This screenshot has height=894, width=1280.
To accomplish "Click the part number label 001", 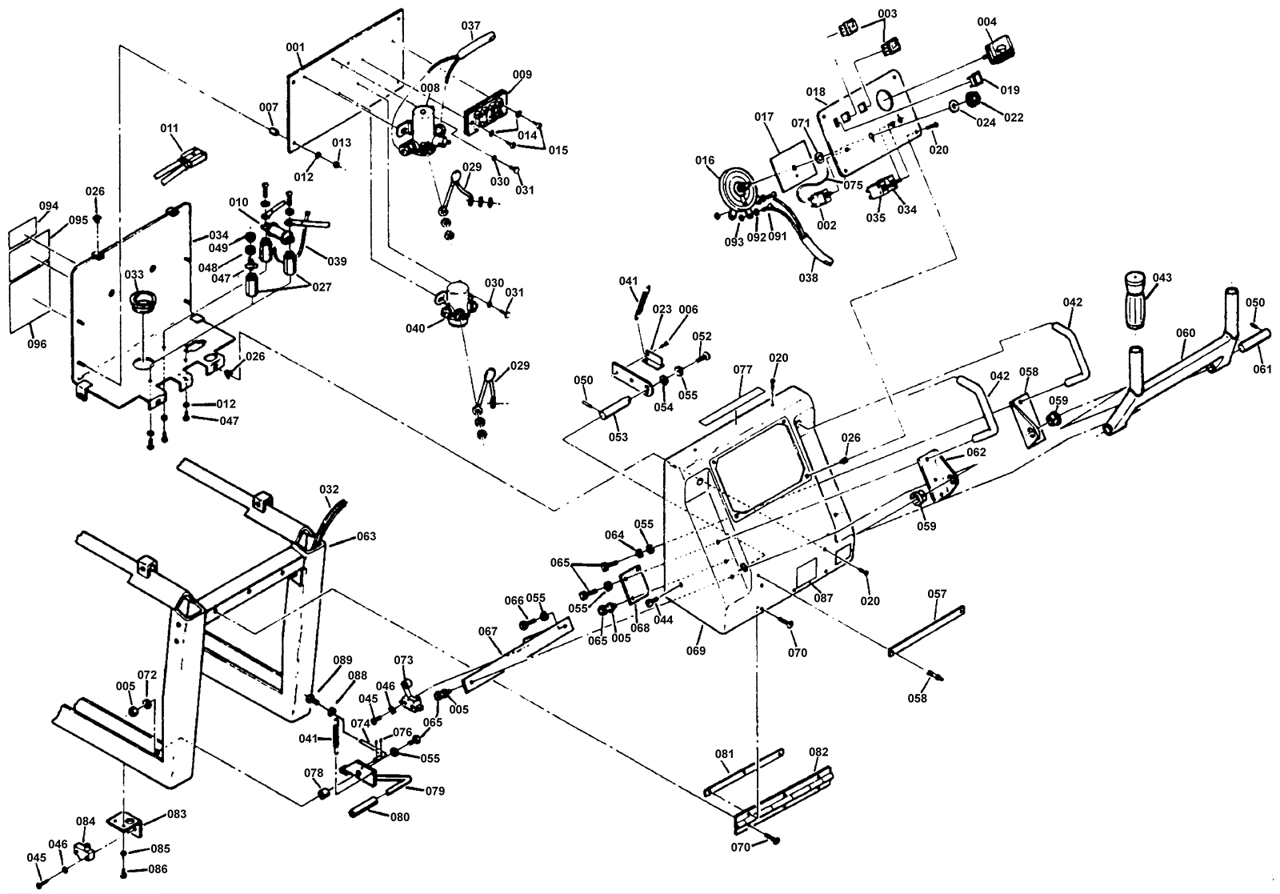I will click(295, 47).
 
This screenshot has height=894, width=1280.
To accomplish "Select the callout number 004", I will click(986, 22).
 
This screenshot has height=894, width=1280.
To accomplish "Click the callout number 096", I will click(37, 344).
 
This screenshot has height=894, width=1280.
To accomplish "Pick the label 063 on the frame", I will click(366, 536).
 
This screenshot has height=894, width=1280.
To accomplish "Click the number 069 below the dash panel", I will click(695, 651).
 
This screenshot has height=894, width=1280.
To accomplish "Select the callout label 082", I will click(818, 752).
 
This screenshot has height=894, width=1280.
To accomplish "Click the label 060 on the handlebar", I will click(1186, 333).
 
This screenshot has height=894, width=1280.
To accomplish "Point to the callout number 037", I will click(470, 26).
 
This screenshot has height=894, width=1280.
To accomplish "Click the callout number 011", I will click(169, 128).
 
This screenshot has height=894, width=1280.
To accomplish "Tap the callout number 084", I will click(86, 821).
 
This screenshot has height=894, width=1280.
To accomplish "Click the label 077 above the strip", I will click(742, 370).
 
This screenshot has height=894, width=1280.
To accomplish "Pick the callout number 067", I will click(488, 631).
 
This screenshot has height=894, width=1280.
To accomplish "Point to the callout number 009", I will click(522, 75).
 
